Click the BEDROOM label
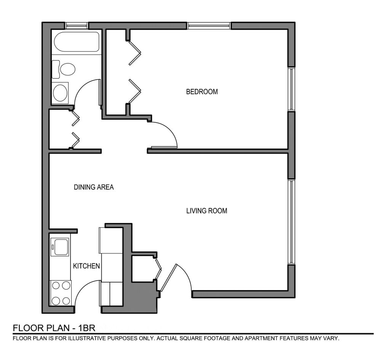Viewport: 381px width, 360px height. pos(202,92)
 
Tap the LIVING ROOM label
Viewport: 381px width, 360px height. pos(207,211)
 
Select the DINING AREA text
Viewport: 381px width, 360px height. pos(94,187)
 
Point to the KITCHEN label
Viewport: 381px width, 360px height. pos(86,266)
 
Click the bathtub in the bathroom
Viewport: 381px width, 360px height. pos(77,42)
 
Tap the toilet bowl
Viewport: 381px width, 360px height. pos(67,69)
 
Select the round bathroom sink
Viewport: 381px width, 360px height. pos(60,93)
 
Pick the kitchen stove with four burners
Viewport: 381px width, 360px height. pos(61,293)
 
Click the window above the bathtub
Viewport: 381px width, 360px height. pos(77,25)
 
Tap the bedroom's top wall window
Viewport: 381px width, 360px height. pos(209,26)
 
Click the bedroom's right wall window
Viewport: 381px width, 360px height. pos(291,89)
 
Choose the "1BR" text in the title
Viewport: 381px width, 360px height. pos(87,328)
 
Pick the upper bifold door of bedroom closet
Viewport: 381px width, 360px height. pos(134,53)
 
